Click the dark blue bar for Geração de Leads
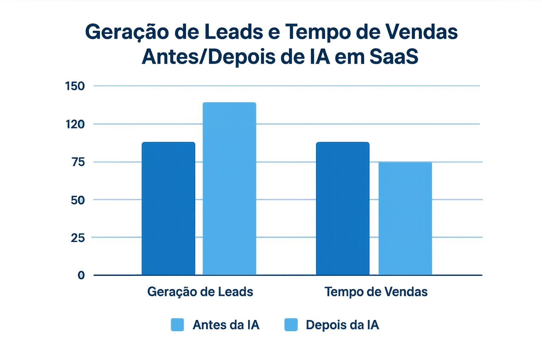(168, 208)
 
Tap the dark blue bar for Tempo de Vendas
(343, 208)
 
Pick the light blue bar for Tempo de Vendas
(405, 218)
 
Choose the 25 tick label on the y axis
(77, 238)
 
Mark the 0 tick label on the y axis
(81, 275)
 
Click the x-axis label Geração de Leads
(200, 292)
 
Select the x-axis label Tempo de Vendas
(376, 292)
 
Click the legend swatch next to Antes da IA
(177, 325)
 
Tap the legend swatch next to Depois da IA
(291, 325)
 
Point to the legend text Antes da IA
(226, 325)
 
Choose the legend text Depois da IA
(342, 325)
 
